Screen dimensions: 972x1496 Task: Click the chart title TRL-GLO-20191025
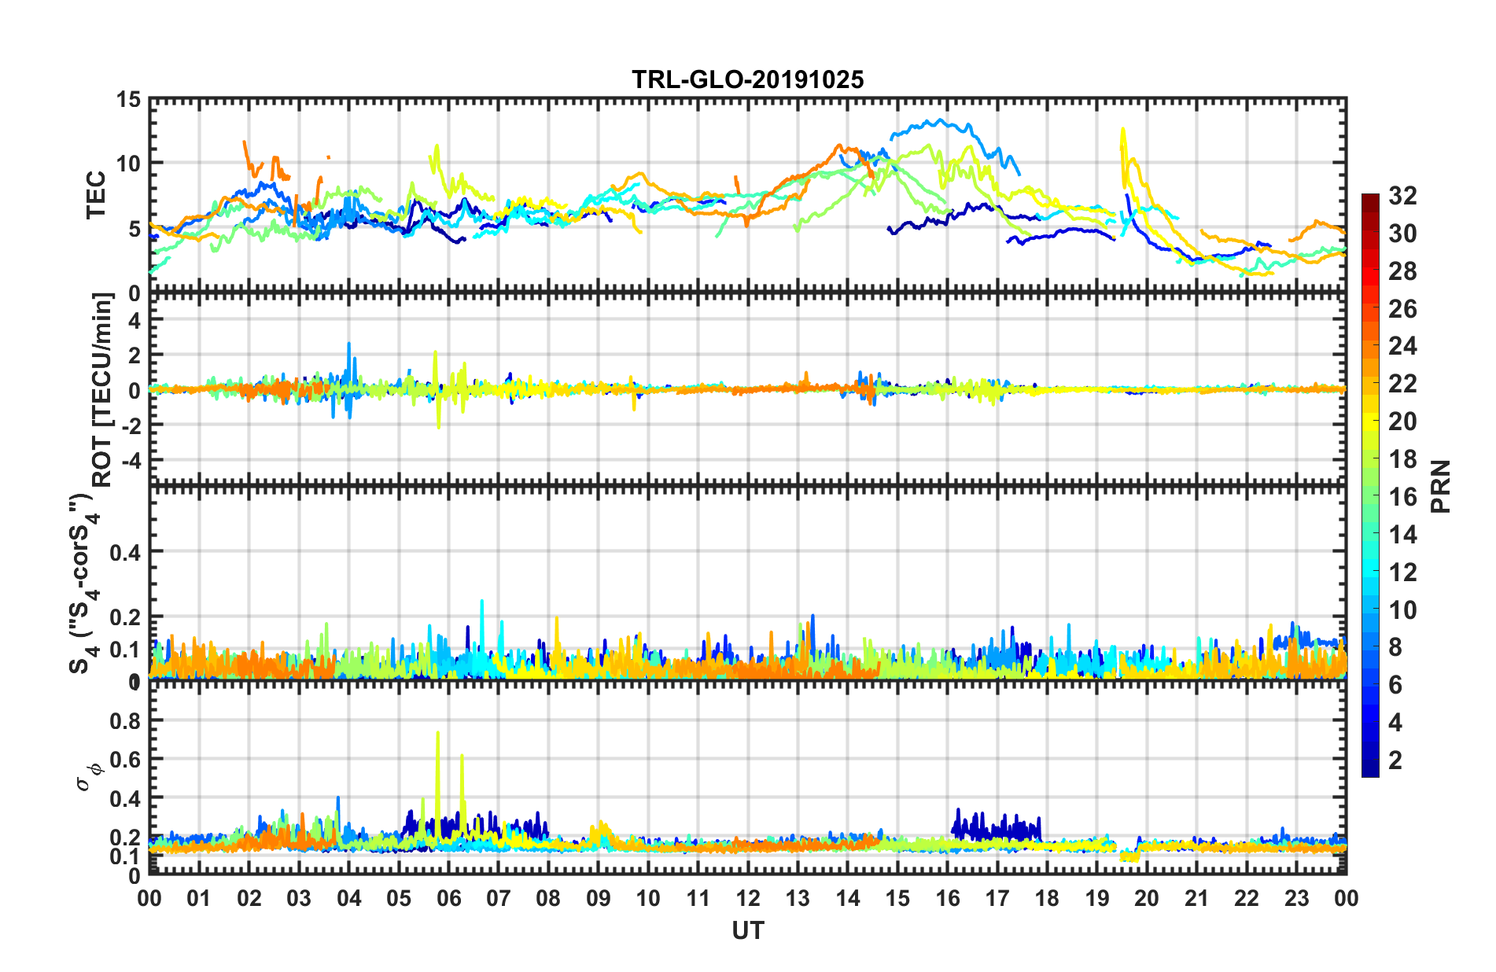pos(747,79)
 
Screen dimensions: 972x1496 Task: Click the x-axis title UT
pos(747,931)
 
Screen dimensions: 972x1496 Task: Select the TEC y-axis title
pos(96,195)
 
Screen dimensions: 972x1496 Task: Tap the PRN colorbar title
pos(1440,486)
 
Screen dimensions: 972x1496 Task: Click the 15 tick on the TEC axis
pos(128,100)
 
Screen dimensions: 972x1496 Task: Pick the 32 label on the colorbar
pos(1402,196)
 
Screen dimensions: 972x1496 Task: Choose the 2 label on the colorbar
pos(1395,760)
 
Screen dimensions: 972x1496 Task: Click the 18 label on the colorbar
pos(1402,459)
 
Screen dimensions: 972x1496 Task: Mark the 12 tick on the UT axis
pos(748,898)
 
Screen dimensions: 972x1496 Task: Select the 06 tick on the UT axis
pos(448,898)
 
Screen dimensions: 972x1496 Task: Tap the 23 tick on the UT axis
pos(1296,898)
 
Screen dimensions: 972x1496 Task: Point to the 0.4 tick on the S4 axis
pos(126,552)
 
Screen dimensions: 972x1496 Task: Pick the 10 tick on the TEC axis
pos(128,164)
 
